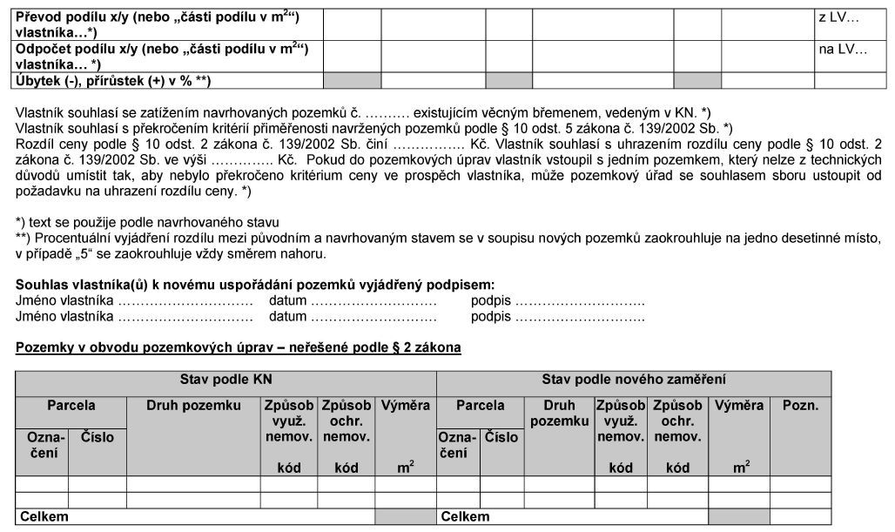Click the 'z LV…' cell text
coord(838,17)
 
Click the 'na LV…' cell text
coord(842,49)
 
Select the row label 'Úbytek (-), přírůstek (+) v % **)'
coord(113,81)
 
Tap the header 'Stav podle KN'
coord(225,380)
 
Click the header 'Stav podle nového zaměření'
coord(634,380)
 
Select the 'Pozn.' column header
coord(800,406)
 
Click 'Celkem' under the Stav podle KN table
coord(44,517)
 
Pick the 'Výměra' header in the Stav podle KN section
coord(406,406)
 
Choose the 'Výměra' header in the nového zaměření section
coord(739,406)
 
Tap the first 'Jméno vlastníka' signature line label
coord(65,300)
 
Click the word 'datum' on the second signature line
coord(287,316)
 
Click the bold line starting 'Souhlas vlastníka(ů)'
coord(255,285)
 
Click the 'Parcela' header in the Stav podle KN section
coord(71,406)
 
